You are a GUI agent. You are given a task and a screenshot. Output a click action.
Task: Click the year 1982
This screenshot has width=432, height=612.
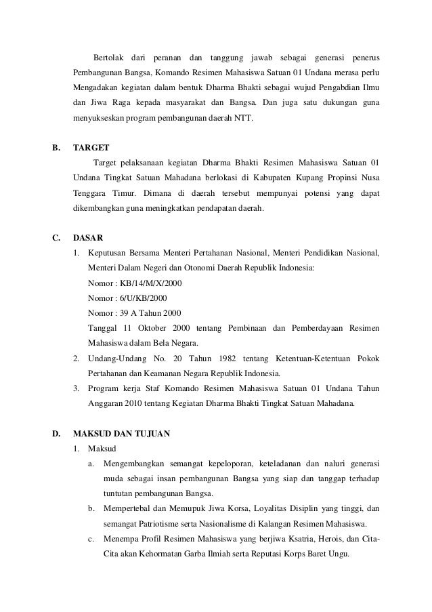(202, 358)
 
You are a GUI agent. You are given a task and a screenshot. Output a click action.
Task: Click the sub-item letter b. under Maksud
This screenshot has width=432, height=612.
(91, 509)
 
